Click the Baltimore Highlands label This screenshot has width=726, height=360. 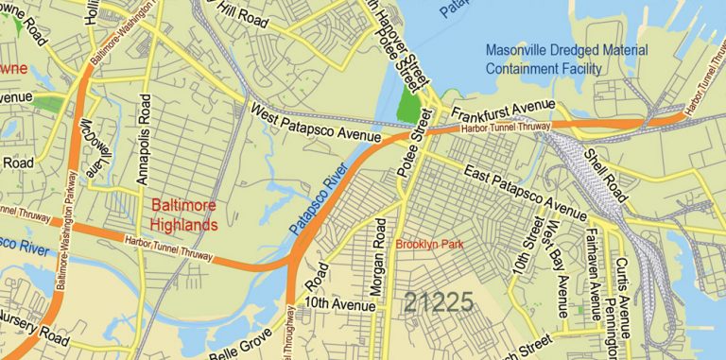click(184, 214)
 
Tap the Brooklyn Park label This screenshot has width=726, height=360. click(430, 245)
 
